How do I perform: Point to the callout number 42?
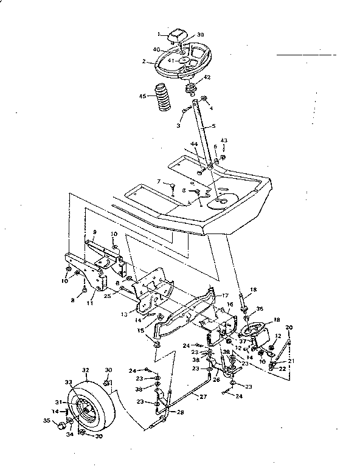tap(207, 77)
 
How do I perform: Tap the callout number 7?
tap(158, 181)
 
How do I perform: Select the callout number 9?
tap(95, 232)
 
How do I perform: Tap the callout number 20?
tap(288, 328)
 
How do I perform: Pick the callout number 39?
tap(201, 35)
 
